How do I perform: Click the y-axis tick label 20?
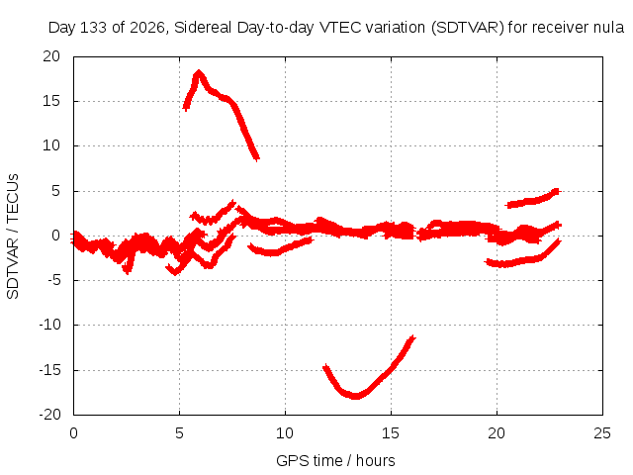pos(51,56)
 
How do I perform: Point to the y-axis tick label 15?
pos(51,101)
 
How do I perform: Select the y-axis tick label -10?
pos(49,325)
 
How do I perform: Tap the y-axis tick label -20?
pos(49,415)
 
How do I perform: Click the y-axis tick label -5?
pos(51,280)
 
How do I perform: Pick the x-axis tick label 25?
pos(602,433)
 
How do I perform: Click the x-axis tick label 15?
pos(391,433)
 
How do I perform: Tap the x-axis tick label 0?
pos(73,433)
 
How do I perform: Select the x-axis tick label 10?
pos(285,433)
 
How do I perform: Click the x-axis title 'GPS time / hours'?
pos(335,461)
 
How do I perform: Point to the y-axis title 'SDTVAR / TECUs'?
pos(13,237)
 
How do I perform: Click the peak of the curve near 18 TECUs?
pos(198,72)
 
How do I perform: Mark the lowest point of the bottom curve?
pos(355,397)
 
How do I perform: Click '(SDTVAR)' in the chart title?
pos(468,28)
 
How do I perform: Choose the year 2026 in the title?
pos(147,29)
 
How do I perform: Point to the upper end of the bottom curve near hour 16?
pos(412,337)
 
